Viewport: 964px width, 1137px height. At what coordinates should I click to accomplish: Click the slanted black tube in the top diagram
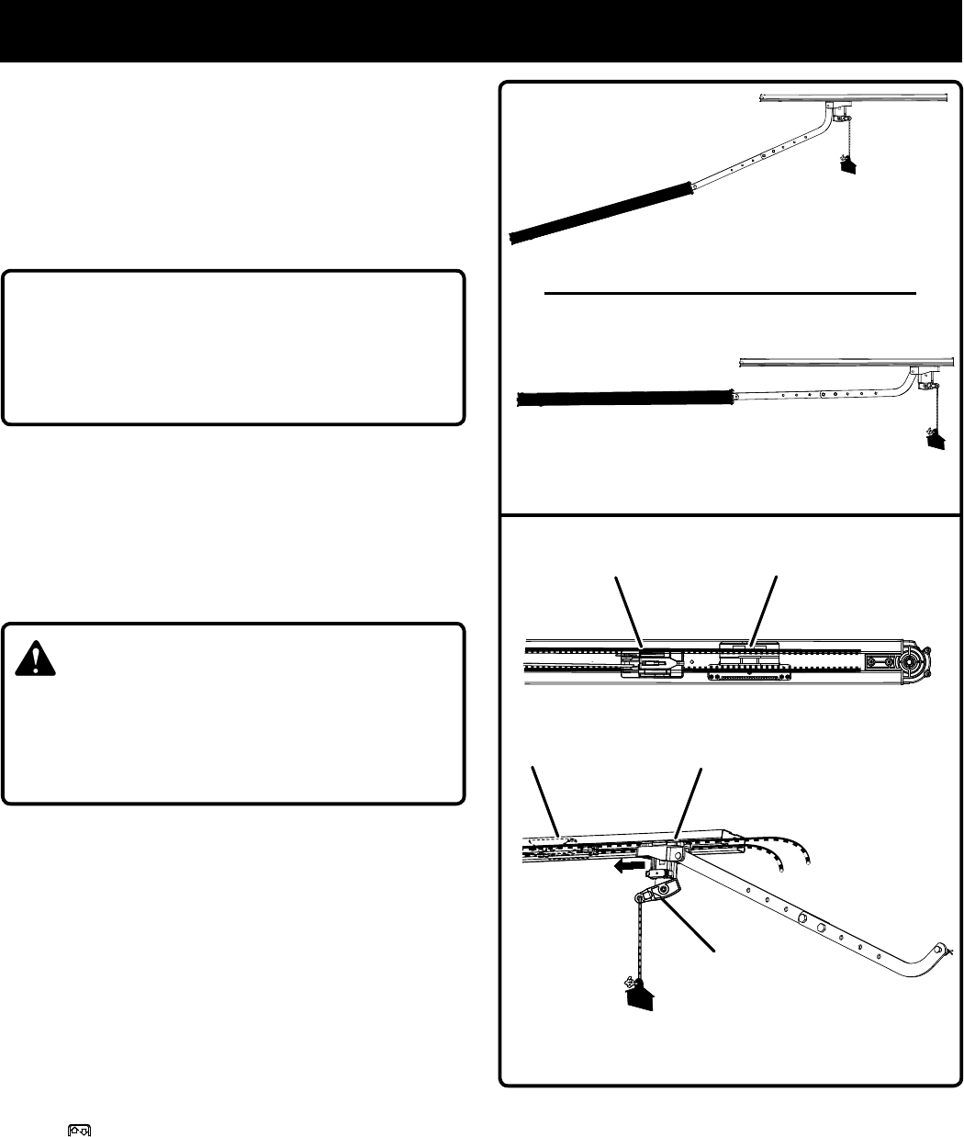click(x=600, y=210)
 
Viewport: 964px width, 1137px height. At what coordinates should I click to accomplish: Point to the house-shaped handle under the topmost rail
click(x=846, y=164)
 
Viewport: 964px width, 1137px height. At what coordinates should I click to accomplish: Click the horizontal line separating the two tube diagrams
click(x=730, y=293)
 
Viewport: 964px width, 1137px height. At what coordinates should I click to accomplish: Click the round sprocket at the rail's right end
click(x=913, y=659)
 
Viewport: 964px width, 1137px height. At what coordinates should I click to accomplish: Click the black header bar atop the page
click(x=482, y=30)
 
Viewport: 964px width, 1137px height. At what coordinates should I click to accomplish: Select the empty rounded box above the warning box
click(x=233, y=347)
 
